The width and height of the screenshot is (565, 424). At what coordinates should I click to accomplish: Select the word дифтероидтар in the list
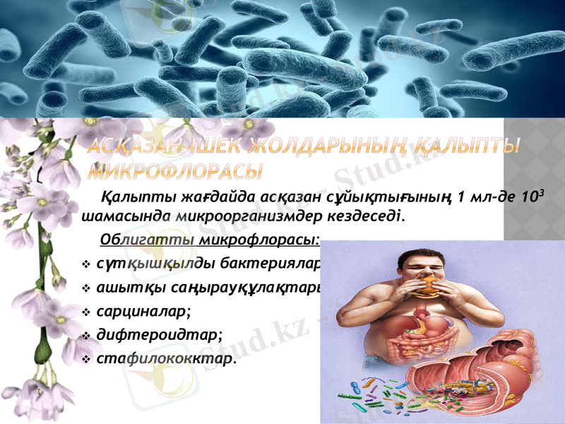159,335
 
